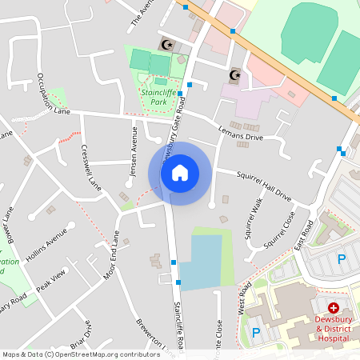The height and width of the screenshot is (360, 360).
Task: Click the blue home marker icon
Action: click(x=180, y=173)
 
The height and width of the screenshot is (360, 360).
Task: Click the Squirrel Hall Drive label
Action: click(x=263, y=185)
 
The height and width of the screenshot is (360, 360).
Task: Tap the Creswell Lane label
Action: click(x=90, y=167)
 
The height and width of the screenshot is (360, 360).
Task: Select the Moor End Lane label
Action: click(x=110, y=256)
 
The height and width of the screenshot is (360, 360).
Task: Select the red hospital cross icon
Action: click(x=333, y=307)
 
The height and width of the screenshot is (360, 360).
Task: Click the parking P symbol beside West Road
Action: click(x=256, y=332)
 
